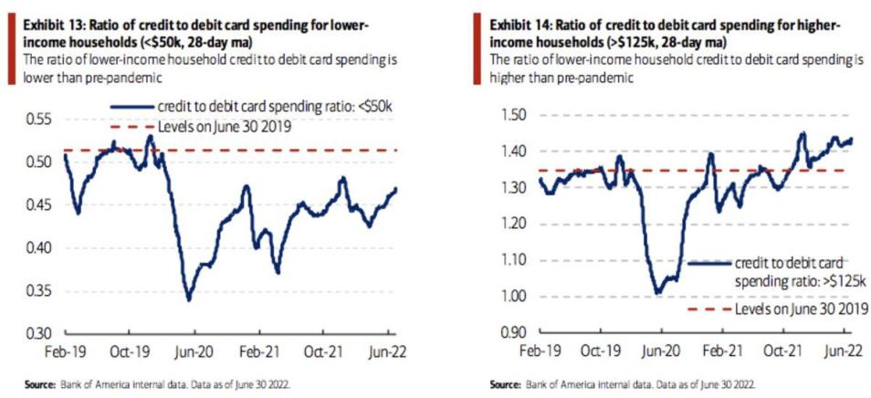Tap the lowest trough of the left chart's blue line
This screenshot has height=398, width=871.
point(188,298)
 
